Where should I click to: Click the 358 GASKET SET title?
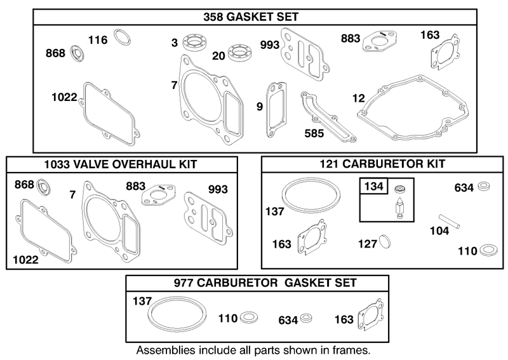pos(251,17)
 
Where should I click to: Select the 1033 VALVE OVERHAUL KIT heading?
pos(121,164)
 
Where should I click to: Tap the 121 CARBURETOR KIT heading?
pos(382,164)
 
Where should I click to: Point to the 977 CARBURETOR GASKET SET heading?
pos(265,283)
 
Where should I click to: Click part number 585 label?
pos(314,133)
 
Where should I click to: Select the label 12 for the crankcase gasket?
pos(358,98)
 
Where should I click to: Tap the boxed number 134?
pos(373,186)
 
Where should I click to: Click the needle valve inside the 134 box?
pos(398,208)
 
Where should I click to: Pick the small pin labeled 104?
pos(450,222)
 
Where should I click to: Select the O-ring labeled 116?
pos(122,37)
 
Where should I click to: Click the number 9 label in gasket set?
pos(260,107)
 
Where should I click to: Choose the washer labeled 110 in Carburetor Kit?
pos(488,250)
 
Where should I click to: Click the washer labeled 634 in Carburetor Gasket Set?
pos(306,318)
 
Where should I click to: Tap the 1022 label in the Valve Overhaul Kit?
pos(25,260)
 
